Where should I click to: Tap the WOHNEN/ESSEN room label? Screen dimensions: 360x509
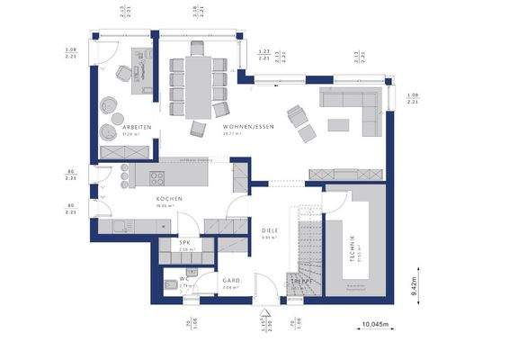coord(248,127)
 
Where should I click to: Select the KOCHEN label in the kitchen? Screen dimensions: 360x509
coord(169,198)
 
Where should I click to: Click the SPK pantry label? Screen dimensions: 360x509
coord(184,243)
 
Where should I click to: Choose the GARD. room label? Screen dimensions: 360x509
coord(231,280)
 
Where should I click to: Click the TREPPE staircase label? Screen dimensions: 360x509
coord(300,281)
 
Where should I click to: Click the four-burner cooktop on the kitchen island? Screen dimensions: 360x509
coord(156,177)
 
